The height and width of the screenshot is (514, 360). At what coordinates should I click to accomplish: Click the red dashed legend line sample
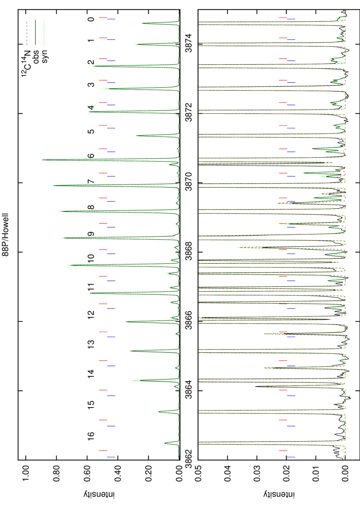(27, 32)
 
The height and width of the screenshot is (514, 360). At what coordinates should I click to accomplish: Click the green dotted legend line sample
(44, 32)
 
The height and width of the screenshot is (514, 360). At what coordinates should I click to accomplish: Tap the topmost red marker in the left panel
(103, 18)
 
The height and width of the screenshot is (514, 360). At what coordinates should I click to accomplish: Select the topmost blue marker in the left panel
(111, 19)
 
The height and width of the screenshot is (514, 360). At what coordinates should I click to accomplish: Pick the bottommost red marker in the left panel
(103, 451)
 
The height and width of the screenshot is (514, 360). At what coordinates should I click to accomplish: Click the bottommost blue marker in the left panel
(111, 457)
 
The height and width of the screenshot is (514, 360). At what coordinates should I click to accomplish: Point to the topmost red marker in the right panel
(282, 18)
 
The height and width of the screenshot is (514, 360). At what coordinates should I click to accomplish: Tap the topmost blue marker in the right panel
(291, 19)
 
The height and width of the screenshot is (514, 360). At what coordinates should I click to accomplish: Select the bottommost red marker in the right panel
(282, 451)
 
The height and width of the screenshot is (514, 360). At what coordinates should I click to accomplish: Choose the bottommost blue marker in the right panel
(291, 457)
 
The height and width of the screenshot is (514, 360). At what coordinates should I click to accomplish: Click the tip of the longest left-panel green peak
(44, 160)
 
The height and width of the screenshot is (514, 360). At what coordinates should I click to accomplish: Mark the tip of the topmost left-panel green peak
(142, 23)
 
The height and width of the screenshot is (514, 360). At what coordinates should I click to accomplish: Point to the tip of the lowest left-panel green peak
(166, 444)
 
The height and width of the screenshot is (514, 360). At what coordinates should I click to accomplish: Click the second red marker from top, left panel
(103, 38)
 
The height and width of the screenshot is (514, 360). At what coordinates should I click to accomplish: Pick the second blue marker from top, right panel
(291, 40)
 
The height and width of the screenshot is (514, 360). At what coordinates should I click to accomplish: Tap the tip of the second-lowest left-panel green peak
(158, 412)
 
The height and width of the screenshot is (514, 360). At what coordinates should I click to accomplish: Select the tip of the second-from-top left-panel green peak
(135, 44)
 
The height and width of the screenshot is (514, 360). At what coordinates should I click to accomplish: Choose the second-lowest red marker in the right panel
(282, 420)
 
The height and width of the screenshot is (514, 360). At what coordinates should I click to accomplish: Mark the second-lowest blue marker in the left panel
(111, 426)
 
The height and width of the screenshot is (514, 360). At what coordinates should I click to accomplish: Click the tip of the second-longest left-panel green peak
(54, 185)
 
